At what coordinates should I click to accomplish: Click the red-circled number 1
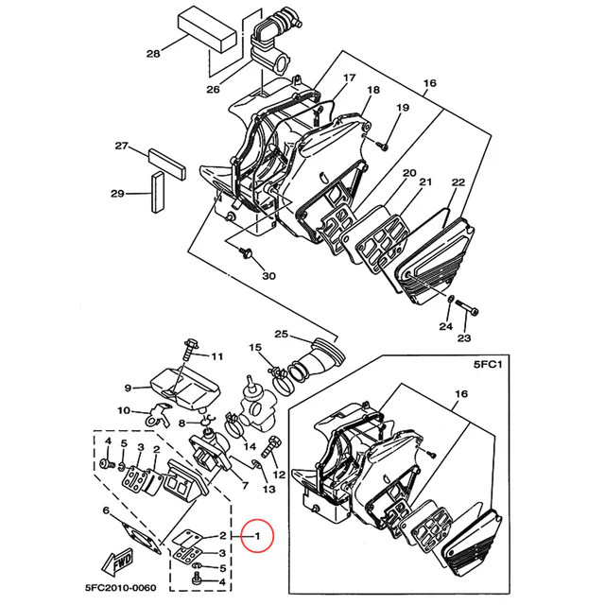click(257, 536)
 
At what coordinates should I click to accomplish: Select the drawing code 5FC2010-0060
click(121, 588)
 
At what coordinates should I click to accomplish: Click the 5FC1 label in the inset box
click(488, 364)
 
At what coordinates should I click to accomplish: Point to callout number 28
click(153, 53)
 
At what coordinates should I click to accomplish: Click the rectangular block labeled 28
click(207, 31)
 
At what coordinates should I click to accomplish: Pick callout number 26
click(213, 90)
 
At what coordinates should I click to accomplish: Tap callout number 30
click(268, 276)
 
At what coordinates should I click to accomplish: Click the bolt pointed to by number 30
click(245, 251)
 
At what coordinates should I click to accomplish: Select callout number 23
click(464, 338)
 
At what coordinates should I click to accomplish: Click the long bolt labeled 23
click(467, 307)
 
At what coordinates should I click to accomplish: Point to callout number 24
click(445, 327)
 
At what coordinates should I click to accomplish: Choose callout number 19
click(403, 108)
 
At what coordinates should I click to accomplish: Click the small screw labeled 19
click(382, 146)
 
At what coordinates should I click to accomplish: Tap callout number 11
click(217, 356)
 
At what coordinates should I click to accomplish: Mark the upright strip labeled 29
click(158, 192)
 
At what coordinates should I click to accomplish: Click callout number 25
click(282, 334)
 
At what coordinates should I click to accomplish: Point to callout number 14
click(250, 447)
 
